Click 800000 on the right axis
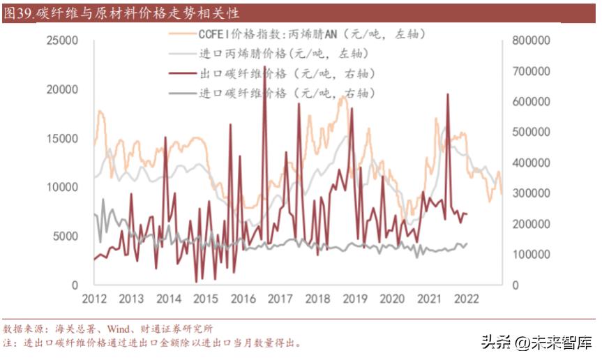(x=532, y=41)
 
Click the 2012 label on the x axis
(x=94, y=299)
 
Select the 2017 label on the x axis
(x=280, y=299)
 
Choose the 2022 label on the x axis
(x=466, y=299)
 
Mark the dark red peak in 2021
(x=447, y=95)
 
